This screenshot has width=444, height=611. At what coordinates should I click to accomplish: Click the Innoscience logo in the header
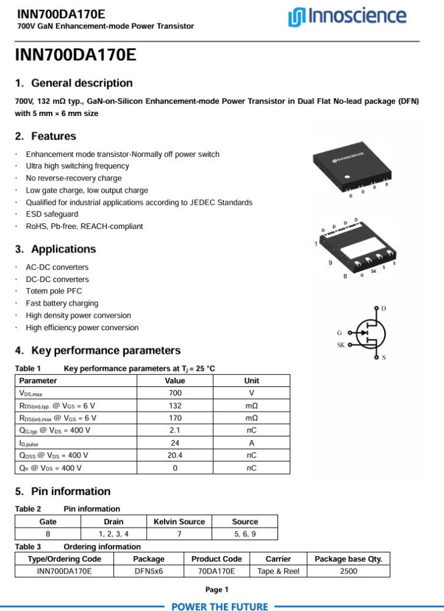[x=347, y=17]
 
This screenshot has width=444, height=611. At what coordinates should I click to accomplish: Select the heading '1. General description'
[x=74, y=83]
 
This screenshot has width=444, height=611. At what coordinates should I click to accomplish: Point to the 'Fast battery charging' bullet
[x=62, y=304]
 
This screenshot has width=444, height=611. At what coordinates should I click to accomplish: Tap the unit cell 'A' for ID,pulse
[x=252, y=443]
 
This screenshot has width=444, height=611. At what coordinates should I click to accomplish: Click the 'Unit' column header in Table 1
[x=252, y=381]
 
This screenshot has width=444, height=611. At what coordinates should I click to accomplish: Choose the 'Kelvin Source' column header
[x=179, y=522]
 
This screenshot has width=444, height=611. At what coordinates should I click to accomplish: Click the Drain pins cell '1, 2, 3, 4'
[x=113, y=534]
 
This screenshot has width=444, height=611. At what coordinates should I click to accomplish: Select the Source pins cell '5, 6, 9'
[x=245, y=534]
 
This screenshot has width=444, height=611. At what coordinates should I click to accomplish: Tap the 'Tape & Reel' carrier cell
[x=278, y=571]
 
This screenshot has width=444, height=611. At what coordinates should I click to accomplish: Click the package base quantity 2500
[x=348, y=571]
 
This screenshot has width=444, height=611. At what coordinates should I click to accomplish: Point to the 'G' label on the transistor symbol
[x=339, y=333]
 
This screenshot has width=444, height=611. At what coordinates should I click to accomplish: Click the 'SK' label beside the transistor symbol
[x=340, y=345]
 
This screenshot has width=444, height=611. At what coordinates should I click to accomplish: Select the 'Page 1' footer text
[x=217, y=589]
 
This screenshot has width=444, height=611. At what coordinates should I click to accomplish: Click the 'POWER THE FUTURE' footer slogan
[x=220, y=606]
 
